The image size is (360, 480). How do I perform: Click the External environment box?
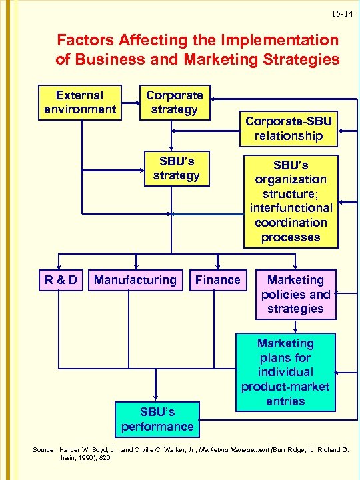(80, 102)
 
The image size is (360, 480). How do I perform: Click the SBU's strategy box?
(176, 169)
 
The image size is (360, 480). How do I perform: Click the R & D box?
(61, 280)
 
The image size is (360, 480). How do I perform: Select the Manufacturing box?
(135, 280)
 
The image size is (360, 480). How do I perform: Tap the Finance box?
(217, 280)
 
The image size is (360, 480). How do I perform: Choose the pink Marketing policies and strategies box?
(295, 294)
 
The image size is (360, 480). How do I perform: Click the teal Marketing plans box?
(285, 372)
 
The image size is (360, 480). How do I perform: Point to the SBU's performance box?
(157, 418)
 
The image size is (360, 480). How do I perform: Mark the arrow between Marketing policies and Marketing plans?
(295, 325)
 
